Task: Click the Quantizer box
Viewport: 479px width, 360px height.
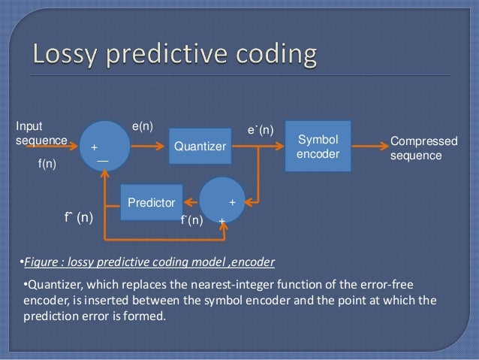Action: [199, 147]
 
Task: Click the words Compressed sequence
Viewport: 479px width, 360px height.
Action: [423, 148]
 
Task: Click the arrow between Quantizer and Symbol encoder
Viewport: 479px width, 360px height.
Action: [255, 146]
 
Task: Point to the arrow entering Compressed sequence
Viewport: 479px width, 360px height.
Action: [366, 146]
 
